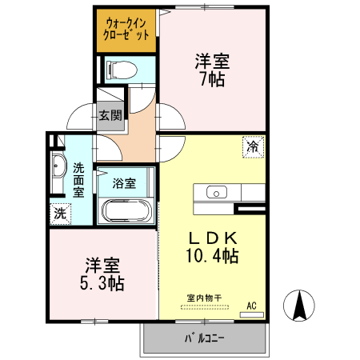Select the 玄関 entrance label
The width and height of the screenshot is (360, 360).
pos(110,115)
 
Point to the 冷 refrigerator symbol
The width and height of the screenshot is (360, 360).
pos(253,147)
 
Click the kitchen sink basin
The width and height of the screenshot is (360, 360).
pos(216,192)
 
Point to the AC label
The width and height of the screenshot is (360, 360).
pos(251,305)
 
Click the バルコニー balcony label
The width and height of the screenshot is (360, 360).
pos(205,338)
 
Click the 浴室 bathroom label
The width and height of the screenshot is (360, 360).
pos(125,183)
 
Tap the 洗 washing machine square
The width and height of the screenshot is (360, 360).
pos(60,214)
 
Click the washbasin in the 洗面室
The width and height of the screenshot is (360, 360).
pos(58,167)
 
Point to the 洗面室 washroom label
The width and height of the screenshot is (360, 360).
pos(78,181)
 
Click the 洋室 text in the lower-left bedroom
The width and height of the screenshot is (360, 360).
pos(102,264)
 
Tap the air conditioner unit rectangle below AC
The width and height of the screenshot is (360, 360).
pos(251,314)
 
